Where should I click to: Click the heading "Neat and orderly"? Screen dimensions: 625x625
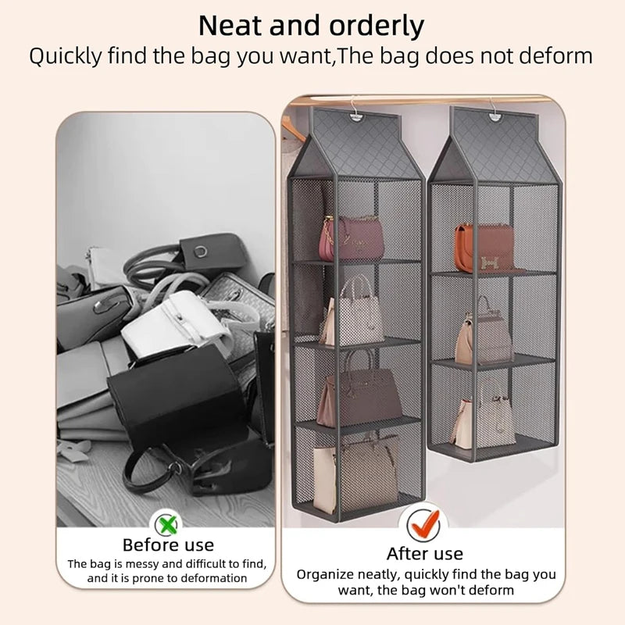pos(311,26)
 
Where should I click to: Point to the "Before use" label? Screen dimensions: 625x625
pos(168,545)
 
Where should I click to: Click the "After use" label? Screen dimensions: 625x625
pos(424,554)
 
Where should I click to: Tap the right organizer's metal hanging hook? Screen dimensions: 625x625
pos(495,105)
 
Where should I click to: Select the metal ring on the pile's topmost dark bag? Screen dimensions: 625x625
pos(202,251)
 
